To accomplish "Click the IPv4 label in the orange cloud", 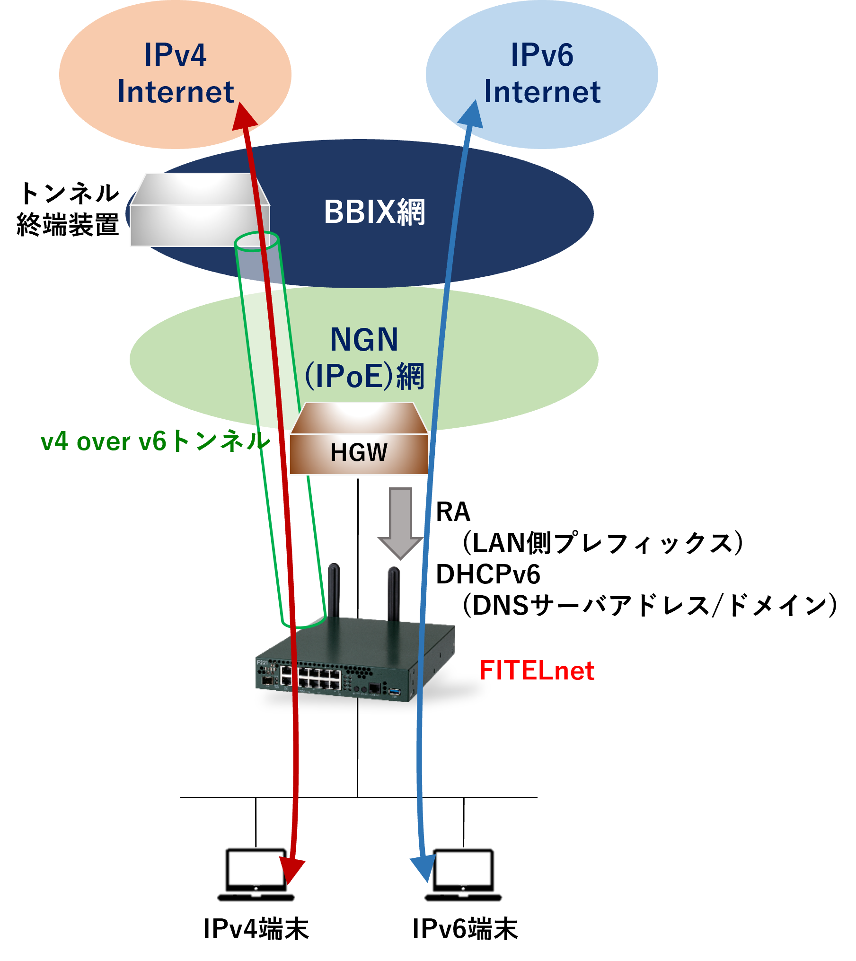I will point(175,55).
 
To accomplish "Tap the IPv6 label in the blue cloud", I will point(542,55).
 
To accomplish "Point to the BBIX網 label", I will point(374,212).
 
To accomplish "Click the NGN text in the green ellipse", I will point(364,339).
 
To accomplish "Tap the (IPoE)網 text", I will point(364,376).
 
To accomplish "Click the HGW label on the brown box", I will point(359,452).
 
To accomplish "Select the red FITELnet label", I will point(537,670).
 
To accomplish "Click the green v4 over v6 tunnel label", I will point(155,441).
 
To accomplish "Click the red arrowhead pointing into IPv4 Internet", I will point(243,116).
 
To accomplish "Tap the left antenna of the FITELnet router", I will point(334,589).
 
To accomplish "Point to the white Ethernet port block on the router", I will point(310,677).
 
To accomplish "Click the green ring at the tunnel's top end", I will point(256,241).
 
